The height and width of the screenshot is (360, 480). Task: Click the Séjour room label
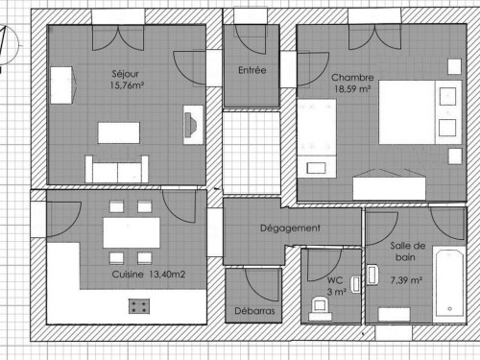[125, 74]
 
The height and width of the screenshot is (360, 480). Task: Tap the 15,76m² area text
[127, 85]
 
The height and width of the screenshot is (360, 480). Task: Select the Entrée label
[252, 70]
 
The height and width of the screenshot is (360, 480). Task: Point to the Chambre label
[352, 78]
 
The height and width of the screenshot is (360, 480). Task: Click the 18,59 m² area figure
[352, 89]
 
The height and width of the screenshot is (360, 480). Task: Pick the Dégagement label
[290, 228]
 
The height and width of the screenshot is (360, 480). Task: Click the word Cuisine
[128, 275]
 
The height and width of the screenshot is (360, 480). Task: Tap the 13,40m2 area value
[167, 275]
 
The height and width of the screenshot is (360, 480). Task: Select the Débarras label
[254, 311]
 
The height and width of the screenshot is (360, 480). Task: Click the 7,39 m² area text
[406, 280]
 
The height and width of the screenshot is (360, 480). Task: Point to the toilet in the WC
[320, 308]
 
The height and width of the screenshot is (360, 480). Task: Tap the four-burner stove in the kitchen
[139, 306]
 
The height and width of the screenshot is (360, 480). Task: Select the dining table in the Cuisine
[132, 232]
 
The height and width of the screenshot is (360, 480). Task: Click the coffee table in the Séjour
[119, 132]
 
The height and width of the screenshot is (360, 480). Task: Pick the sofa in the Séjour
[117, 170]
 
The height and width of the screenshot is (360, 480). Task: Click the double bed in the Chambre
[420, 112]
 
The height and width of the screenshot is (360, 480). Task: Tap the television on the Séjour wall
[192, 125]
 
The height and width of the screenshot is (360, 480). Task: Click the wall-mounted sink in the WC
[355, 284]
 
